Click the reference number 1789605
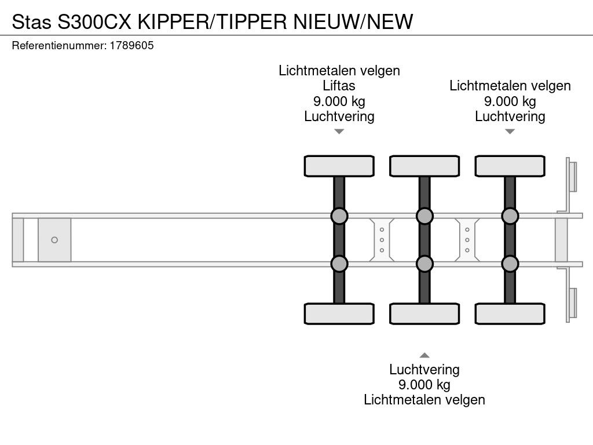[x=131, y=45]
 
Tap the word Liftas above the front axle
[x=339, y=86]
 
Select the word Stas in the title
[x=31, y=21]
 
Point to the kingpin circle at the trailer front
[x=54, y=240]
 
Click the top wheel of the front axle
[x=339, y=166]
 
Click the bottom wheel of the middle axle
[x=424, y=313]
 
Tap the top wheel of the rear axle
[x=510, y=166]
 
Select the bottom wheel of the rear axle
[x=510, y=313]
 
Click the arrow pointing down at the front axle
[x=339, y=132]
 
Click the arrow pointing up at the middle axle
[x=424, y=355]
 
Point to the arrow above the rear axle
[x=510, y=132]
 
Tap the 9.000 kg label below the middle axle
[x=424, y=385]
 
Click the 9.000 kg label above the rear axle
[x=510, y=101]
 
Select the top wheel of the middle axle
[x=424, y=166]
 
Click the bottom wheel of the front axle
[x=339, y=313]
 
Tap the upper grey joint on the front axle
[x=339, y=216]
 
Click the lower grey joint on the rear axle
[x=510, y=264]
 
